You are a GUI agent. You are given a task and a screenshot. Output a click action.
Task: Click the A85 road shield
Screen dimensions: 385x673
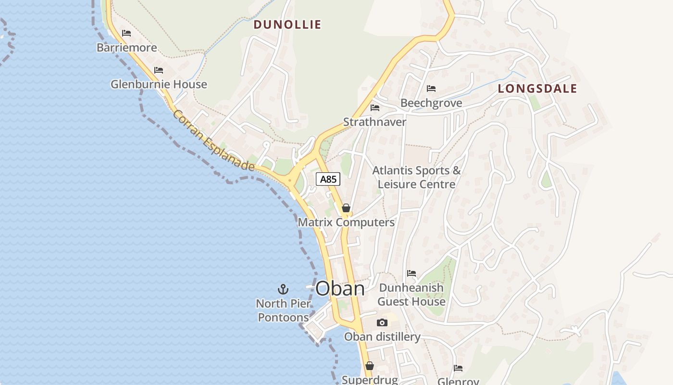pos(328,180)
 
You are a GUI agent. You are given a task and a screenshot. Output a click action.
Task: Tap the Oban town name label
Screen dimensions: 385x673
pos(340,288)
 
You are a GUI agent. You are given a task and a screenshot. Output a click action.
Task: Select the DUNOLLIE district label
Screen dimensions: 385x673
pos(287,25)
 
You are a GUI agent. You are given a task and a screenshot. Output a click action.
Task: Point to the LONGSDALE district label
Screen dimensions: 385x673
pos(537,89)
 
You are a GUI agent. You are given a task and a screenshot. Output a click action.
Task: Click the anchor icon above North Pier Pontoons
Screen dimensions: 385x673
pos(283,289)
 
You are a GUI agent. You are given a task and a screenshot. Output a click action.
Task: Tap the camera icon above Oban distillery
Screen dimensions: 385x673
pos(382,322)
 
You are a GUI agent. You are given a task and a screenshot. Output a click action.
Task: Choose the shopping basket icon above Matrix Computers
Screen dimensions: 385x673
pos(346,208)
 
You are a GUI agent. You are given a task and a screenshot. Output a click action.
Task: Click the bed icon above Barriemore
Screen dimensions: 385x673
pos(126,33)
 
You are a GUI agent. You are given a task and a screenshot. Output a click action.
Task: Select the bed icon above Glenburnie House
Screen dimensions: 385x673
pos(159,70)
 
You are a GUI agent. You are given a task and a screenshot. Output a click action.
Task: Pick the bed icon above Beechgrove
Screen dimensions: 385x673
pos(431,89)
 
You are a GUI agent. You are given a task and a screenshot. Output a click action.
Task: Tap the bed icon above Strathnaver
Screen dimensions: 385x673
pos(375,108)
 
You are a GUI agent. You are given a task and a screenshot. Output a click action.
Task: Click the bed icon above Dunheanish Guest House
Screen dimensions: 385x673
pos(411,273)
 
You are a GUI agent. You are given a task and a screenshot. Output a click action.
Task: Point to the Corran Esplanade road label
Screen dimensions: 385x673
pos(213,141)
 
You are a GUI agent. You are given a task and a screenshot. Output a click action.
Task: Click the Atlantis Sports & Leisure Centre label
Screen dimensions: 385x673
pos(416,177)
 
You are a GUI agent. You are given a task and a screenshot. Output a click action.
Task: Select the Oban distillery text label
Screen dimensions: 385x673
pos(382,337)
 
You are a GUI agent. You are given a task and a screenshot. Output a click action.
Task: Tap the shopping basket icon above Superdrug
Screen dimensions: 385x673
pos(370,366)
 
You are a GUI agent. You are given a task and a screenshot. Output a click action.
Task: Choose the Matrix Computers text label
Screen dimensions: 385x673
pos(346,222)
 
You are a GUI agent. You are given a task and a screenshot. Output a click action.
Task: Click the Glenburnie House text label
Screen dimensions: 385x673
pos(159,84)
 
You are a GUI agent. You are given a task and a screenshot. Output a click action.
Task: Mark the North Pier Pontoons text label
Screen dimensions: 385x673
pos(283,310)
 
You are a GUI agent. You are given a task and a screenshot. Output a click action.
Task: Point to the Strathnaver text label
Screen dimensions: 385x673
pos(374,122)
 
